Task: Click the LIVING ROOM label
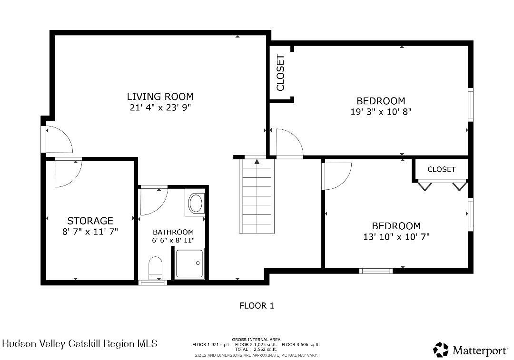(x=160, y=97)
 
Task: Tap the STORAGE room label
(x=90, y=221)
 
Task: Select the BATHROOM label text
(x=173, y=232)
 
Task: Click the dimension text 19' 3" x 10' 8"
(x=381, y=112)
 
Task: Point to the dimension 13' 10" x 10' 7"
(x=396, y=236)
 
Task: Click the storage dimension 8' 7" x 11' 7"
(x=90, y=232)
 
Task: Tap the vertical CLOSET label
(x=281, y=73)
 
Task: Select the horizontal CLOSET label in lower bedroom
(x=441, y=169)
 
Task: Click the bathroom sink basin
(x=196, y=204)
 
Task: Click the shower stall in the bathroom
(x=189, y=263)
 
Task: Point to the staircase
(x=257, y=196)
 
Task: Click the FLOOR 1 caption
(x=257, y=306)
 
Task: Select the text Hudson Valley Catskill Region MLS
(x=80, y=344)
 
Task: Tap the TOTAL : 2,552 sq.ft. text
(x=256, y=350)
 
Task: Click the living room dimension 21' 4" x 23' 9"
(x=160, y=107)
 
